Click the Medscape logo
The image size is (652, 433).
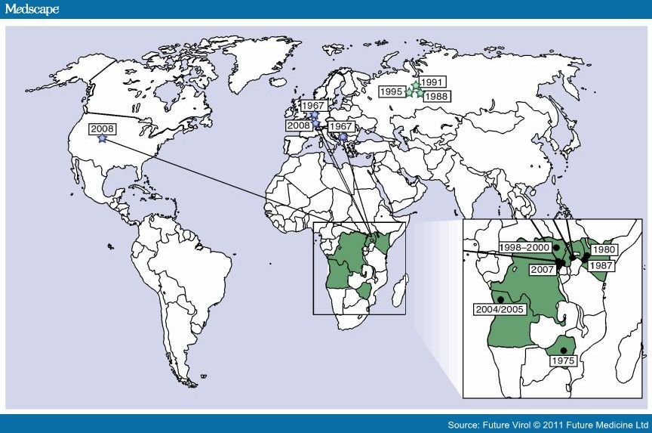point(32,9)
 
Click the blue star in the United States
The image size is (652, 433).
point(102,139)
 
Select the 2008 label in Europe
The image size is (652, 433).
point(298,125)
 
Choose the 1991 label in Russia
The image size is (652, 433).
point(432,82)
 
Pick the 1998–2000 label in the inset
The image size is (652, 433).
point(525,247)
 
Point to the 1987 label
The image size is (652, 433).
point(601,265)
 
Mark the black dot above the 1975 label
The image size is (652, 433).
point(563,350)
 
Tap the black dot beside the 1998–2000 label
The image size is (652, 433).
point(555,247)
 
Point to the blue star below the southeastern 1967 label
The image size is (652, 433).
point(343,138)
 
